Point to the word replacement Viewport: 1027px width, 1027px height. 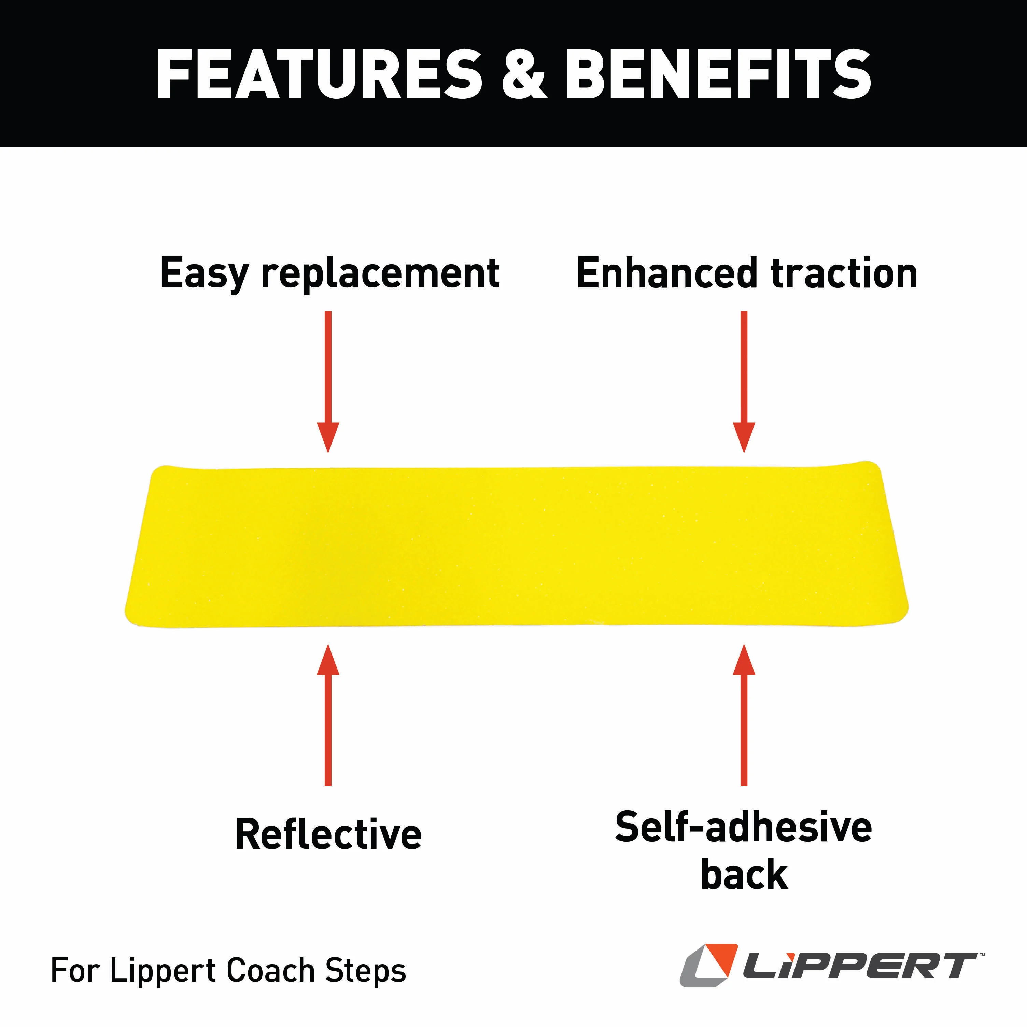click(380, 273)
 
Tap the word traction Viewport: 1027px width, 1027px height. click(844, 273)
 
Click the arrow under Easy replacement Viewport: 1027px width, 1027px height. click(328, 382)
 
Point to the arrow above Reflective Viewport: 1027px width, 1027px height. click(328, 715)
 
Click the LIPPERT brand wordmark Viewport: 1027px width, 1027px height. click(860, 966)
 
